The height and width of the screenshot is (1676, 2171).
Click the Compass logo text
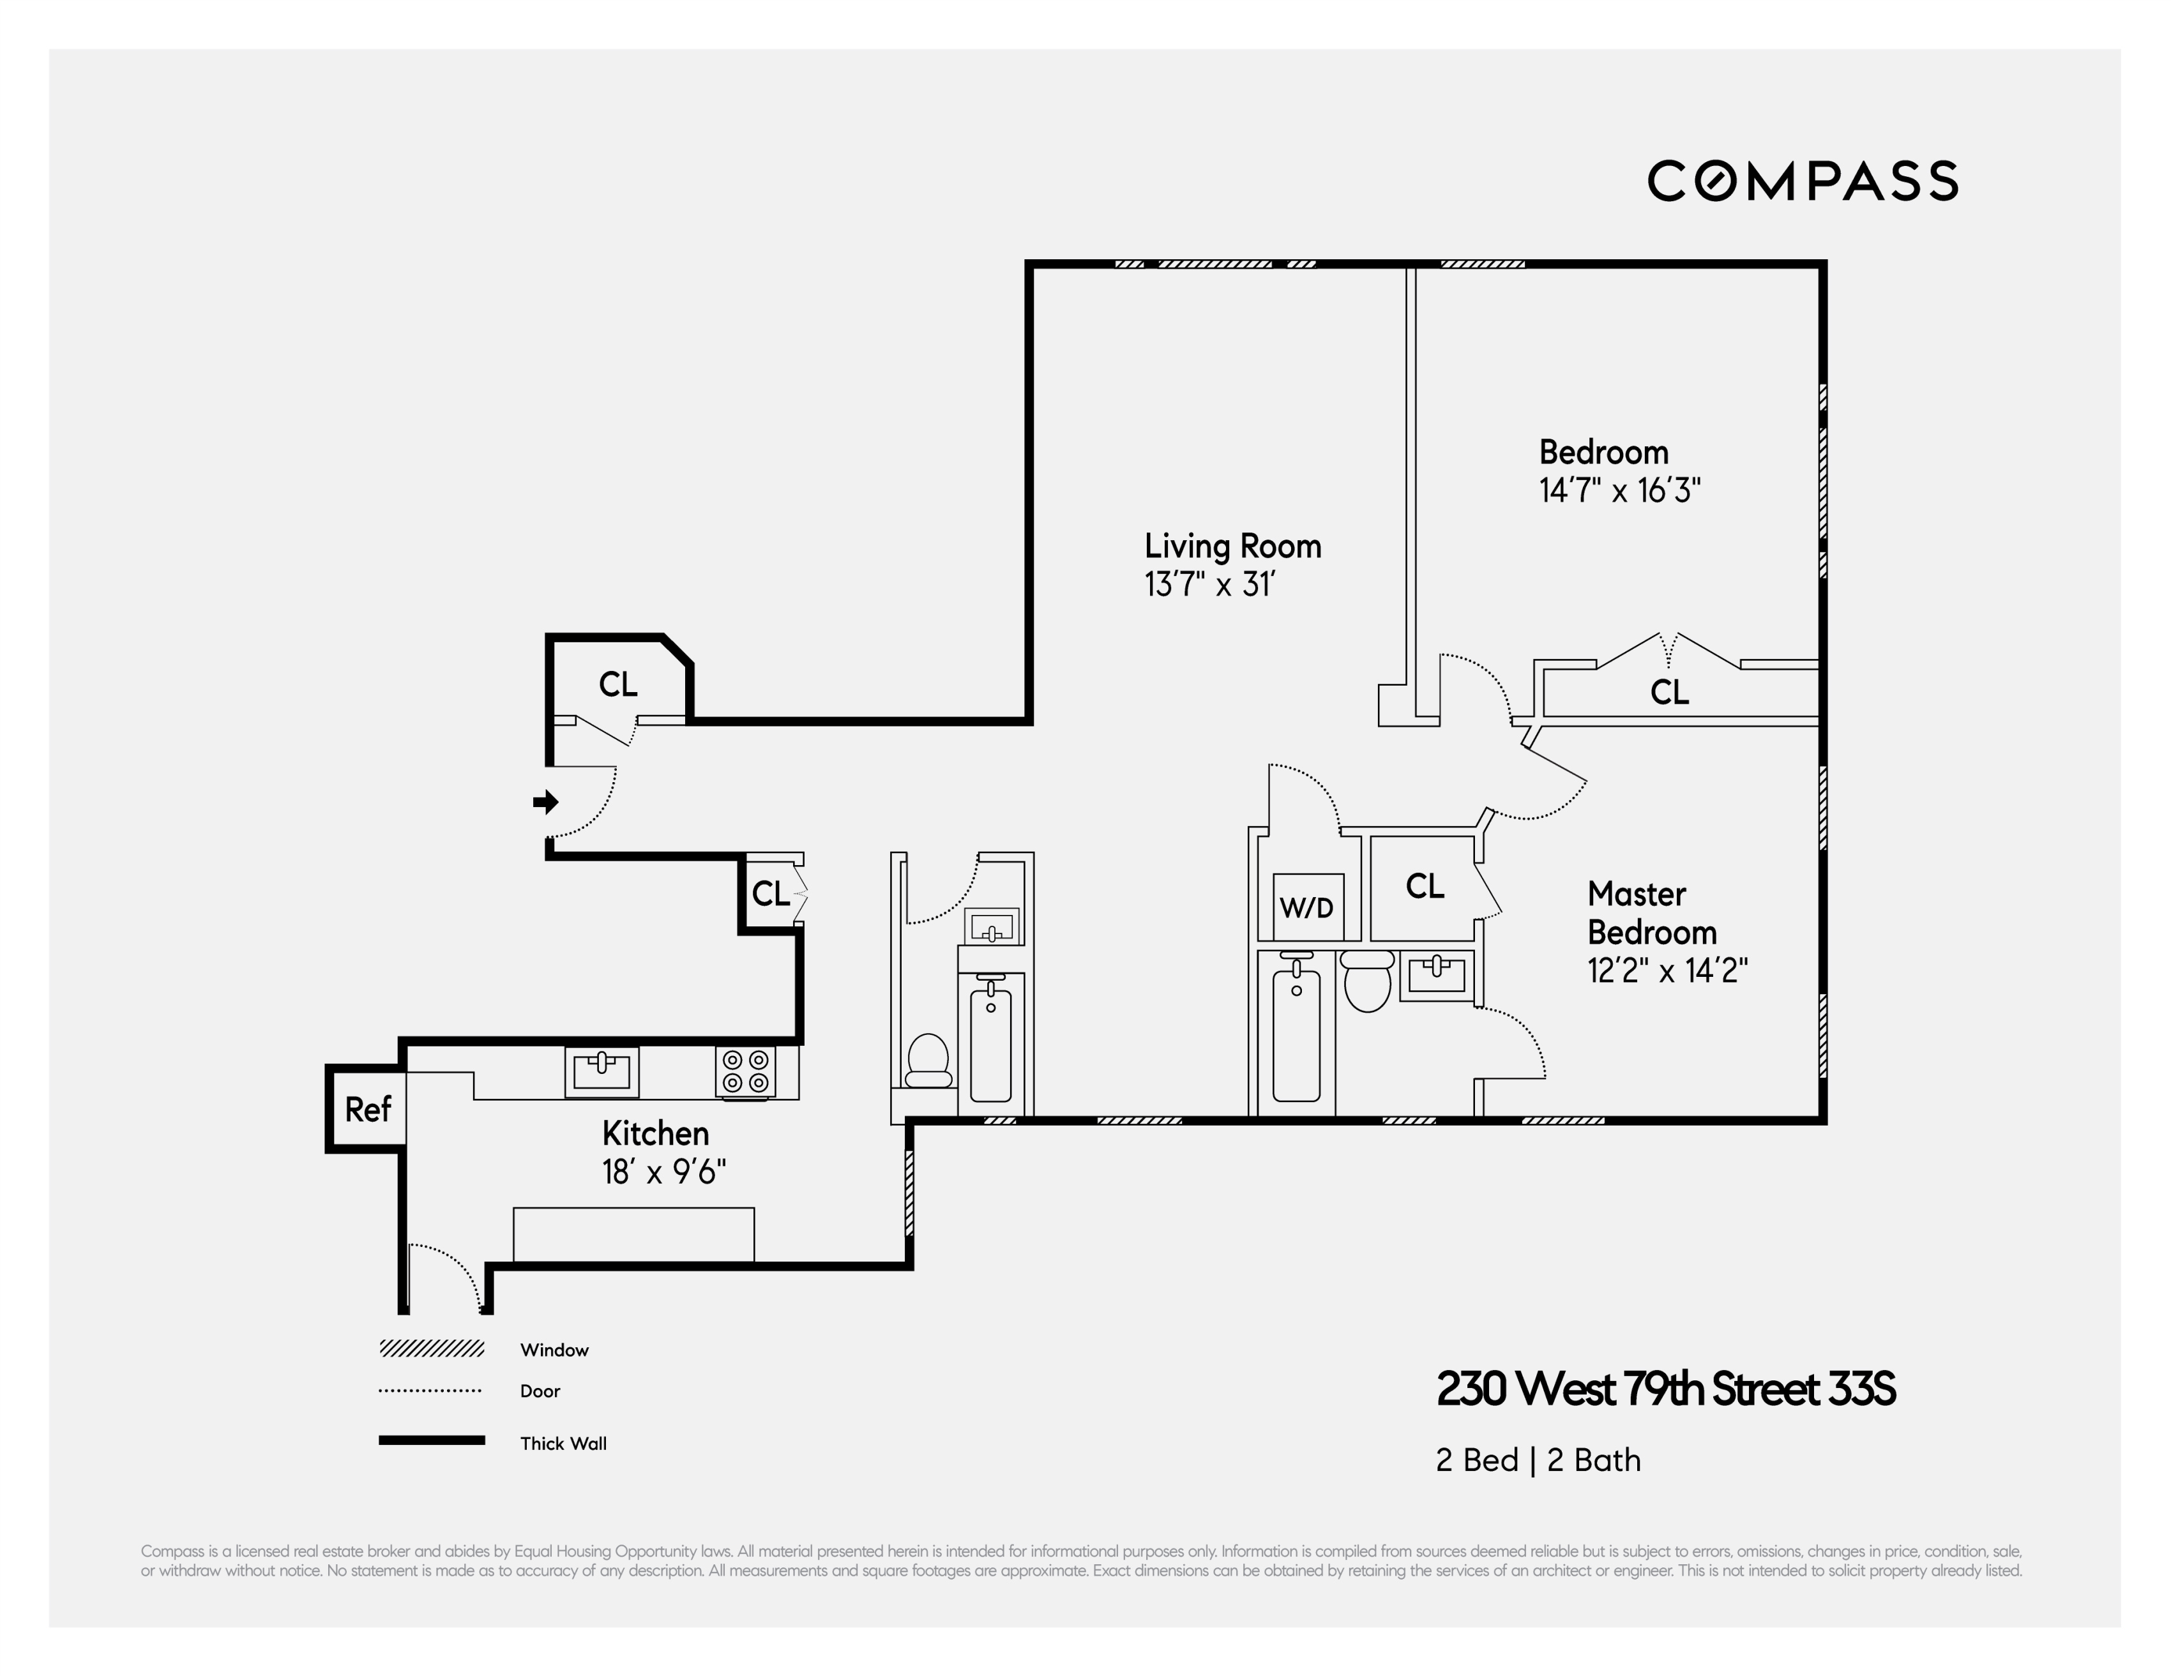click(x=1802, y=181)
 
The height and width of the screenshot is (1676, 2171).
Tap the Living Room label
click(x=1232, y=546)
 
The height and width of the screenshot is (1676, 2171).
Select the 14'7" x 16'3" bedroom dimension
click(x=1619, y=490)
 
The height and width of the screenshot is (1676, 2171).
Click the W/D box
click(x=1307, y=907)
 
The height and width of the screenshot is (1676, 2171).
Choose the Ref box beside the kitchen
click(x=367, y=1108)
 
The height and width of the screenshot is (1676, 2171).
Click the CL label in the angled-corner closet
click(x=617, y=684)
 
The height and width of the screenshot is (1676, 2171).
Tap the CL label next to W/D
click(x=1423, y=886)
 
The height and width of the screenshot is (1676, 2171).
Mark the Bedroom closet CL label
click(x=1669, y=692)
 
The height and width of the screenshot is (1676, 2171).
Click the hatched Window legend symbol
click(x=432, y=1349)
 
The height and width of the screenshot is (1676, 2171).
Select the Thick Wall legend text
click(x=563, y=1444)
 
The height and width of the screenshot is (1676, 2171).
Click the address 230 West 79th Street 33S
click(x=1665, y=1389)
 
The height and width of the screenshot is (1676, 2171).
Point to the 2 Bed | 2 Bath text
click(x=1537, y=1460)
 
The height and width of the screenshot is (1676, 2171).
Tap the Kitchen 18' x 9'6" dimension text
click(x=663, y=1172)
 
